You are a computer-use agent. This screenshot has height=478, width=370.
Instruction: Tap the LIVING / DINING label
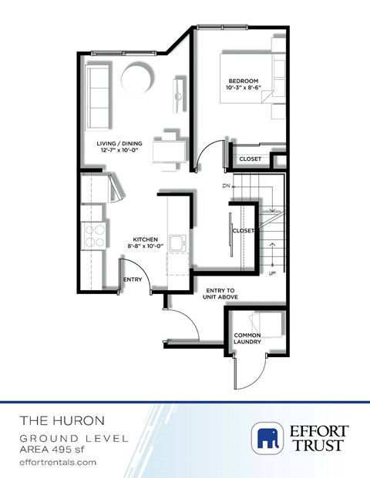114,143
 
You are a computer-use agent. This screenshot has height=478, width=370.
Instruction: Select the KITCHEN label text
145,239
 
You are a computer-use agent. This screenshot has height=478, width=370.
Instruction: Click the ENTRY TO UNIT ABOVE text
221,293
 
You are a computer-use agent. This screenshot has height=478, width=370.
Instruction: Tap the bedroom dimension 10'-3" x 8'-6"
246,89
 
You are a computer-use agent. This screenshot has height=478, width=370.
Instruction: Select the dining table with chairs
169,148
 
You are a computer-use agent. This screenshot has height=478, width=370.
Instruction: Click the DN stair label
227,186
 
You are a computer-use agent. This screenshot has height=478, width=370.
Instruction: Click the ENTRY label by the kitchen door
133,279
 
